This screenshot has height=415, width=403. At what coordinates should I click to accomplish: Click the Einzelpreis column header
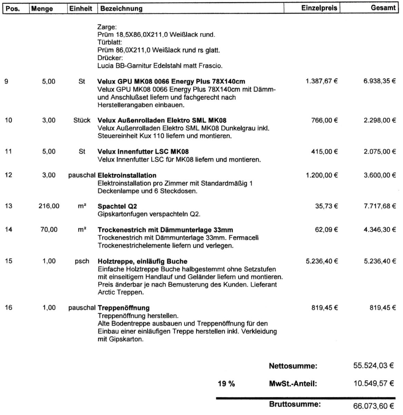319,8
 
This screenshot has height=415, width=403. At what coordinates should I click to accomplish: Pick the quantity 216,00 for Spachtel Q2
49,206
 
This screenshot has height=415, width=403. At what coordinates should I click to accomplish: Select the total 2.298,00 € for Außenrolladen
380,120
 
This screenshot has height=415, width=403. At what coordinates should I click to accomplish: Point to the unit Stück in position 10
82,120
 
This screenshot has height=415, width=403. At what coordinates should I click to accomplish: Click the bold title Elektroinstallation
127,175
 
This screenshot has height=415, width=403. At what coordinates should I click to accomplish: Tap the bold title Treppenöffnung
123,308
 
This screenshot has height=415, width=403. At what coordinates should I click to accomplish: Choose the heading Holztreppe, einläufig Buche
142,261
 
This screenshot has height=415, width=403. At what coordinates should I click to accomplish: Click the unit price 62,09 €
326,230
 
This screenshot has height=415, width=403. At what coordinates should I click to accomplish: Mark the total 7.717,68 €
380,206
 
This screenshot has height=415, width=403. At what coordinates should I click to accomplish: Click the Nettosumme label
293,366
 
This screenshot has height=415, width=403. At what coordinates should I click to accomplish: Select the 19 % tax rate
226,384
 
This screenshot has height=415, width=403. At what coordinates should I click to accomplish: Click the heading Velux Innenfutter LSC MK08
143,151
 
